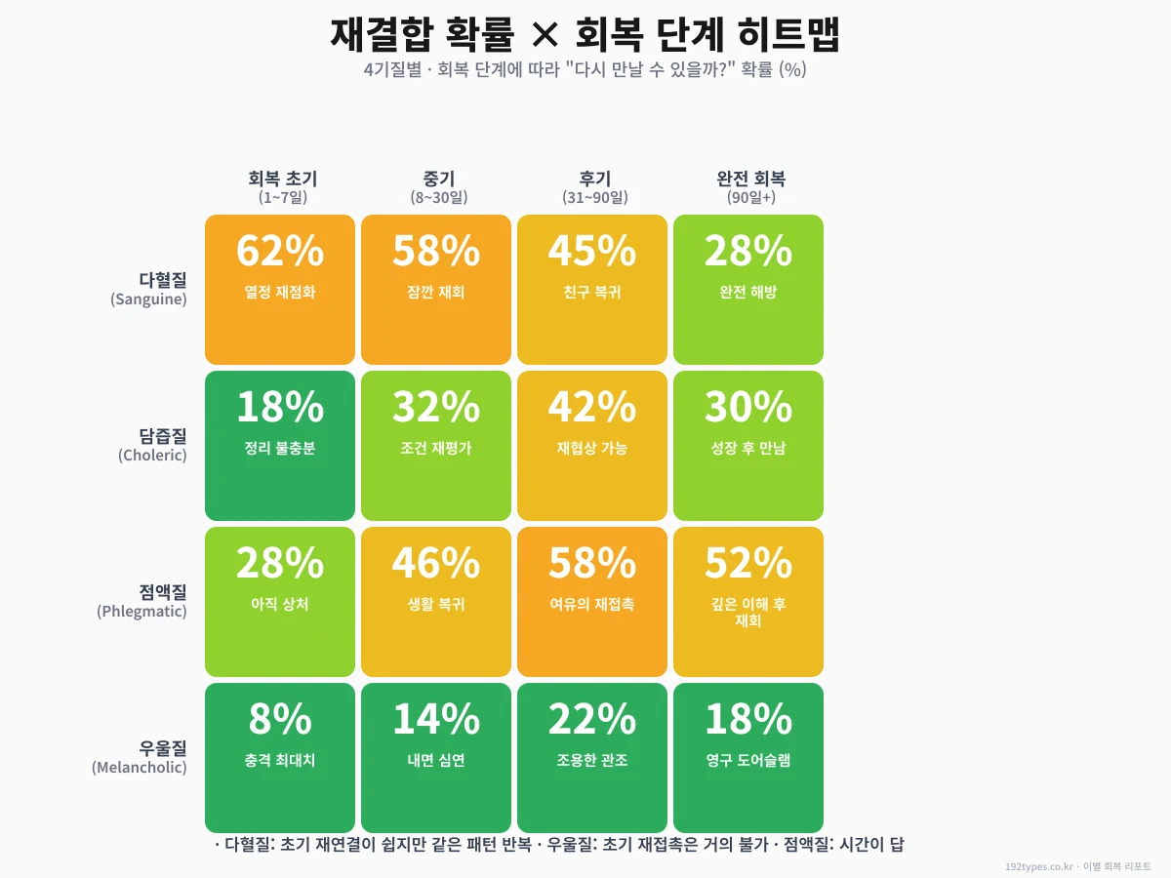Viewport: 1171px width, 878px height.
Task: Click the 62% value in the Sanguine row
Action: point(280,252)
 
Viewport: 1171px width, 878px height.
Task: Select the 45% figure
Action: point(592,252)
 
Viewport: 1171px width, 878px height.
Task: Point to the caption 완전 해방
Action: point(748,292)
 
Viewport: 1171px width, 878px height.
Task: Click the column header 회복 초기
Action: point(283,179)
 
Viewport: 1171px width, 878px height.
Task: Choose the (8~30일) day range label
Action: point(439,197)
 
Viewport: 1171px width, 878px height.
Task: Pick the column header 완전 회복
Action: point(751,179)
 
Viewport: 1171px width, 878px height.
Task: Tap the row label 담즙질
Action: point(163,436)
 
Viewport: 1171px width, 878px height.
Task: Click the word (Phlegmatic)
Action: point(141,612)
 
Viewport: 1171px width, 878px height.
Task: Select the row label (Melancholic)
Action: point(140,768)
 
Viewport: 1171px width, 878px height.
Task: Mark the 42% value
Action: point(592,408)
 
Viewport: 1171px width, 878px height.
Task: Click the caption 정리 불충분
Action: point(280,448)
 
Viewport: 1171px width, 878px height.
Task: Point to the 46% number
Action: point(436,564)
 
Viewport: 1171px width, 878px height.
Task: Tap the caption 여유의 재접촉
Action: point(592,604)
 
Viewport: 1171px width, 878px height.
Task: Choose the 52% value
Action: point(748,564)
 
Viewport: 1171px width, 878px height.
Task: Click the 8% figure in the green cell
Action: point(280,720)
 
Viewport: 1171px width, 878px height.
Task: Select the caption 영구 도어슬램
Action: point(748,760)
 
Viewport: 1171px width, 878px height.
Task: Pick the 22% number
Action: point(592,720)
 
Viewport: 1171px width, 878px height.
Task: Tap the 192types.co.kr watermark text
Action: point(1038,866)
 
